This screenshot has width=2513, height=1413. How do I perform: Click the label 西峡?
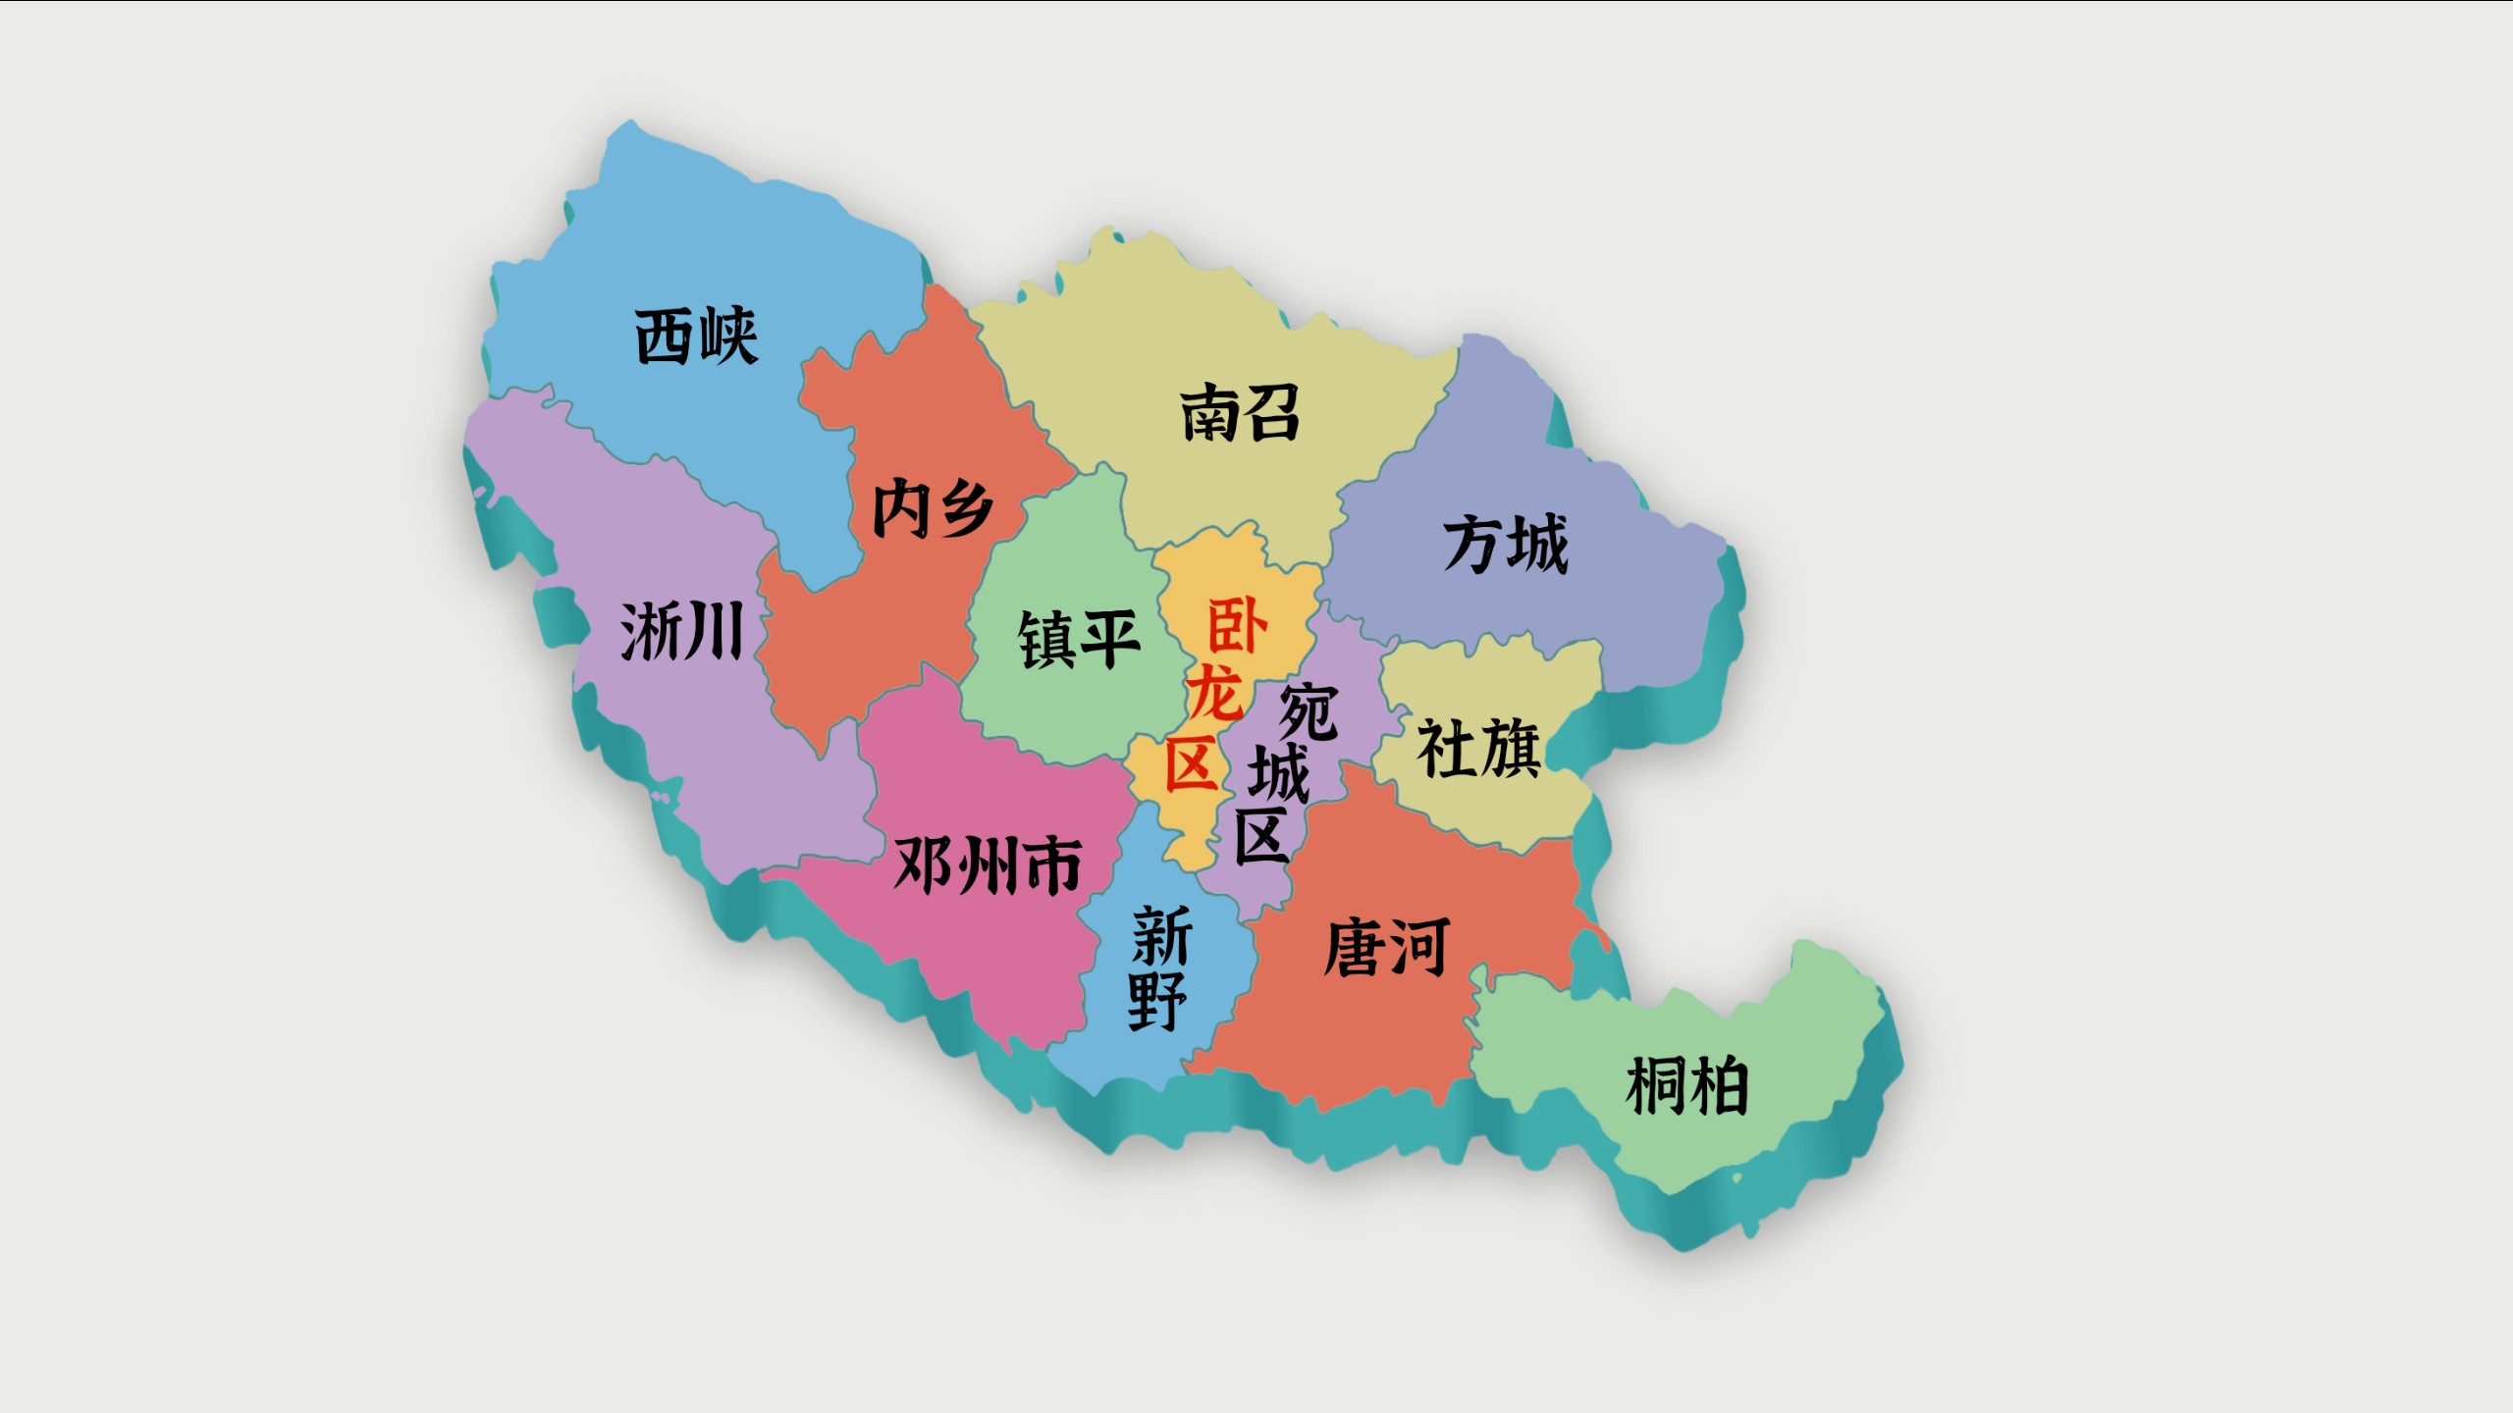[x=696, y=337]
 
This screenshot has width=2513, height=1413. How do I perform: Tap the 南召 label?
[x=1240, y=413]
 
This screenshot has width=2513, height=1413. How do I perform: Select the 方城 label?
[x=1505, y=545]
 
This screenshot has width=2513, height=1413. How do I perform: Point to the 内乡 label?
[x=933, y=508]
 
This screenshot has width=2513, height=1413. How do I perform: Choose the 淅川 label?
[x=681, y=631]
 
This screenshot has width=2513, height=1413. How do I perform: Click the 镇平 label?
[x=1079, y=639]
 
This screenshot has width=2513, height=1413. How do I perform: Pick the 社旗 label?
[x=1478, y=748]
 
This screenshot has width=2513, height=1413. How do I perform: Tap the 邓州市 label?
[x=988, y=865]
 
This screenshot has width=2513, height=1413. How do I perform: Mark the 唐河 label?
[x=1386, y=948]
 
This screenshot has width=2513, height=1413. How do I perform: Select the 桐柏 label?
[x=1686, y=1086]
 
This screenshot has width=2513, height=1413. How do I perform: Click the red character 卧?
[x=1236, y=626]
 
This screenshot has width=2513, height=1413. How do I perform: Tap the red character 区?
[x=1191, y=764]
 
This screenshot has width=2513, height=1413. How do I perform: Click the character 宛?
[x=1308, y=711]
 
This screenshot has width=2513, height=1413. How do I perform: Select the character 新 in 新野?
[x=1162, y=936]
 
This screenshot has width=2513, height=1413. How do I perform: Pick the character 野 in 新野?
[x=1157, y=1001]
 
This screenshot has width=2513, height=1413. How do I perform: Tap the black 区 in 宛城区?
[x=1260, y=835]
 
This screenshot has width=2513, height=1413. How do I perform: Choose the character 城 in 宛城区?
[x=1278, y=773]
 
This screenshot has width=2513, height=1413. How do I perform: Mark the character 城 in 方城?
[x=1538, y=545]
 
